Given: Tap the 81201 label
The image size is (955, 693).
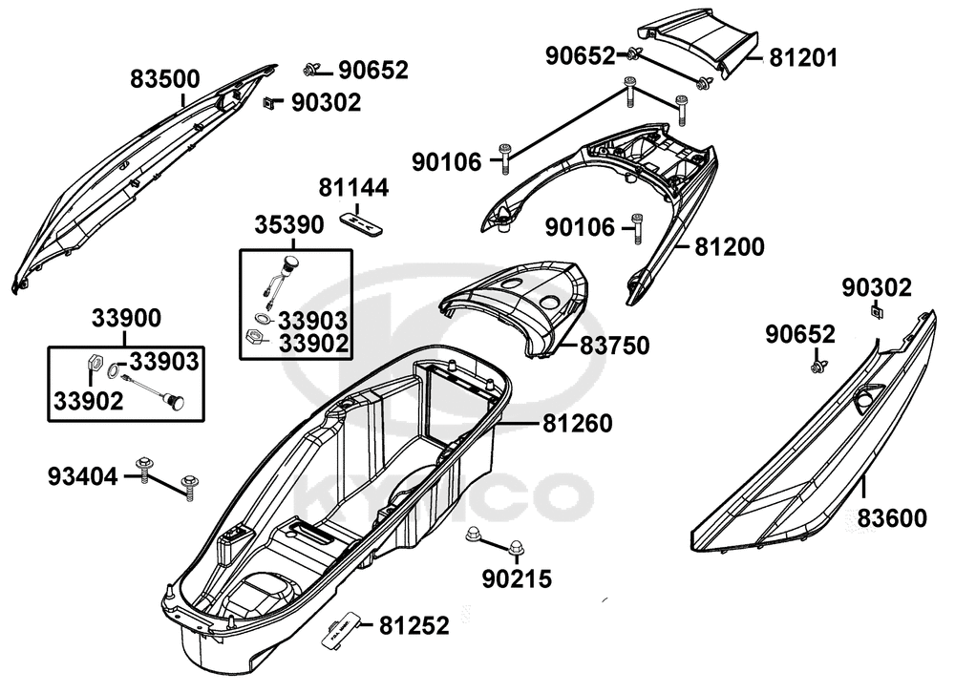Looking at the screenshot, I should (803, 58).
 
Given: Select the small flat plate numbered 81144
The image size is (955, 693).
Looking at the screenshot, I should (361, 221).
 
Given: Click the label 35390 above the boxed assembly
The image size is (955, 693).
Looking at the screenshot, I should (288, 225).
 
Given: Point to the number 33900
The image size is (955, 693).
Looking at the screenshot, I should (126, 319).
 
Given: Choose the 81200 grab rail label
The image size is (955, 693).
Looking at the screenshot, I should (729, 247).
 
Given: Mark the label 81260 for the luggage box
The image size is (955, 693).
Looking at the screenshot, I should (579, 422).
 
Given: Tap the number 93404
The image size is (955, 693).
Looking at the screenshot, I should (82, 475).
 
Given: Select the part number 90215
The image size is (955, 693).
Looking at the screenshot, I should (517, 577).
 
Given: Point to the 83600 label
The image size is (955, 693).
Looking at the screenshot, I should (891, 518).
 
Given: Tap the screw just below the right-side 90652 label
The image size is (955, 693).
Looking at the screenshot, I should (818, 364).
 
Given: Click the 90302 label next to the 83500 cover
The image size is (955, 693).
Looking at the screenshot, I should (326, 102).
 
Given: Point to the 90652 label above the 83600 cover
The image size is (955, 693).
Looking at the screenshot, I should (800, 334).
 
